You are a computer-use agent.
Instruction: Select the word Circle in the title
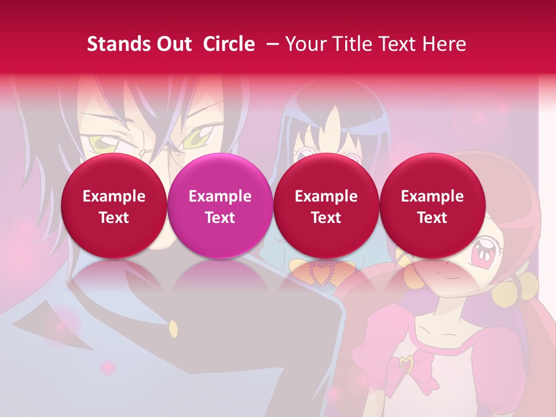[229, 44]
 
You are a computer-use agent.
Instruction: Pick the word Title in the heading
[352, 44]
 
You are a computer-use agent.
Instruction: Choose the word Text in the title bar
[398, 44]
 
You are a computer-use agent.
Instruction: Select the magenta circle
[220, 206]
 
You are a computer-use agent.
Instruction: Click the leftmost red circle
[114, 206]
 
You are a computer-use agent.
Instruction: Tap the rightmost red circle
[432, 206]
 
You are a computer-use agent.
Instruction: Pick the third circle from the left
[326, 206]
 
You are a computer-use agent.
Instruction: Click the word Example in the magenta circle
[220, 196]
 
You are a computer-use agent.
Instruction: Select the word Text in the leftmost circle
[114, 218]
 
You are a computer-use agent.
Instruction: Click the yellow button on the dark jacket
[173, 330]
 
